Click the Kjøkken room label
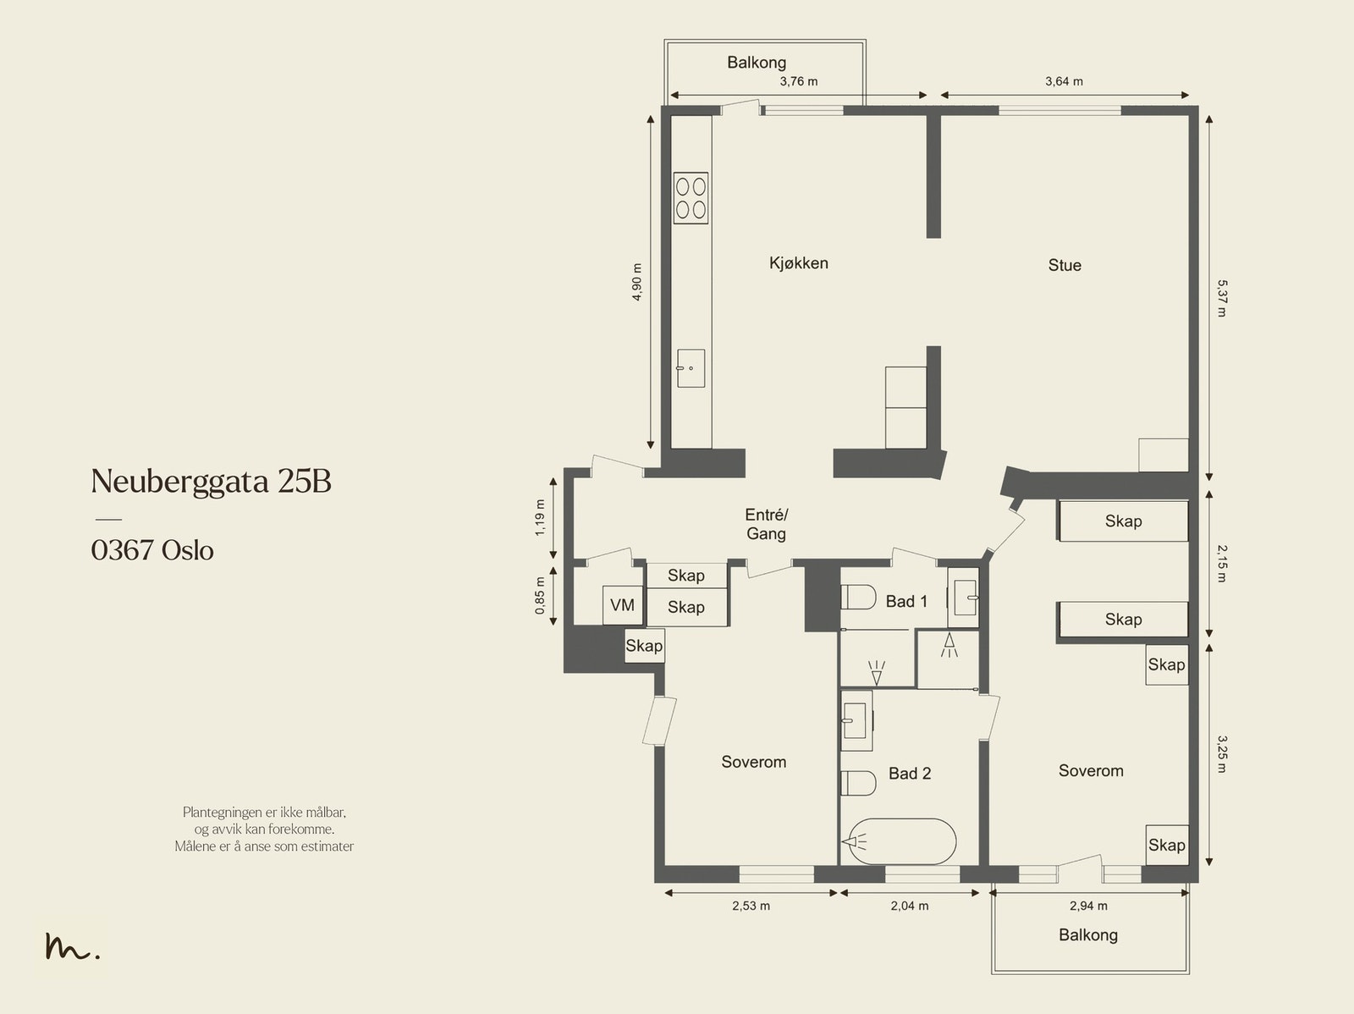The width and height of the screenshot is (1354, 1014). [x=798, y=263]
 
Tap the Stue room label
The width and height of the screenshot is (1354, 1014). [x=1064, y=265]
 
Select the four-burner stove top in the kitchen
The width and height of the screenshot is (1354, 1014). [x=691, y=198]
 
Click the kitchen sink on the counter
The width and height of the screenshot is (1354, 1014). [x=691, y=368]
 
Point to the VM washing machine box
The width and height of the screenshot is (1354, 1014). [x=622, y=605]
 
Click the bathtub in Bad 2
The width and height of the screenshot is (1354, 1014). [x=900, y=841]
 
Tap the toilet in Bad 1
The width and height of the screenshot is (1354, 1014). [x=858, y=597]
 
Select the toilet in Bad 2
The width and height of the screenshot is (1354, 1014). [x=858, y=783]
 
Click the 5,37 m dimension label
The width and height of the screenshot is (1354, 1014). [x=1221, y=298]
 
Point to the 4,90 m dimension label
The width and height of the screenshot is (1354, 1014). [x=636, y=282]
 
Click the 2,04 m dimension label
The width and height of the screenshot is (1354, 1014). [x=909, y=906]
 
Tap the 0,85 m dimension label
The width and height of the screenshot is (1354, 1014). [x=540, y=596]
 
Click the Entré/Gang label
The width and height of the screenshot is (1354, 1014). [x=766, y=524]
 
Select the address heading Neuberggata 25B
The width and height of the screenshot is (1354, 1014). [x=211, y=481]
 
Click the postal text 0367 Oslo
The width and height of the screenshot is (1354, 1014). [x=152, y=550]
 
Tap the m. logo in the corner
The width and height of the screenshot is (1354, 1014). [x=73, y=945]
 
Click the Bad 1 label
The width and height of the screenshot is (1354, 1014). [x=906, y=601]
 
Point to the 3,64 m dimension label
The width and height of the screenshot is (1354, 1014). [x=1064, y=81]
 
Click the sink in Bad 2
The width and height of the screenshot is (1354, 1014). [x=856, y=720]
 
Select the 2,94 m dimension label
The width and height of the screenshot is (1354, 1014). [x=1088, y=906]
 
